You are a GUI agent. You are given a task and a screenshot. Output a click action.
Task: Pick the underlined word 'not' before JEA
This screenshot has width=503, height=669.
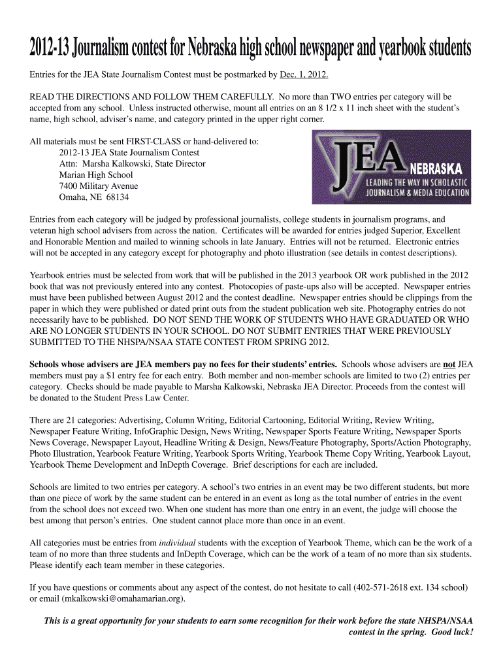(x=449, y=363)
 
